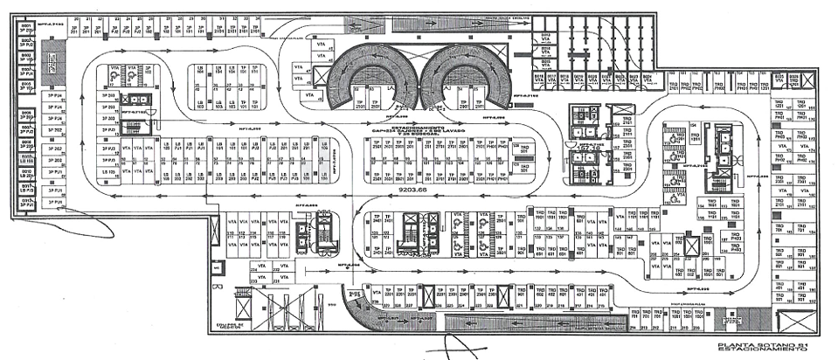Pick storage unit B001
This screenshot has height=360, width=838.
click(26, 26)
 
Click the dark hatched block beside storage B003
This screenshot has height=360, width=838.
click(49, 60)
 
